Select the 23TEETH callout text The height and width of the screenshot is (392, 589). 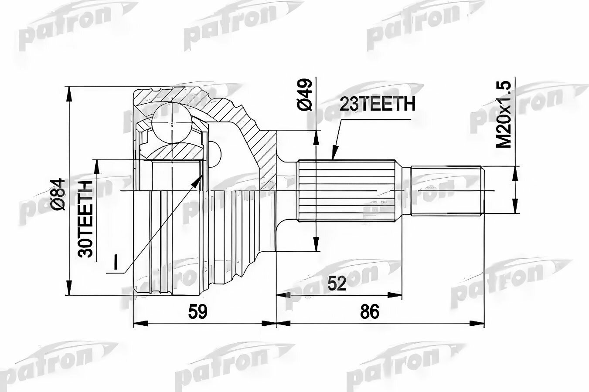[x=377, y=104]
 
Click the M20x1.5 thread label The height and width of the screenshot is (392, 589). [x=504, y=118]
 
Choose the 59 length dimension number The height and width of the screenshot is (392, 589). [x=198, y=312]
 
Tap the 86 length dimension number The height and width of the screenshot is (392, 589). [x=369, y=312]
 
